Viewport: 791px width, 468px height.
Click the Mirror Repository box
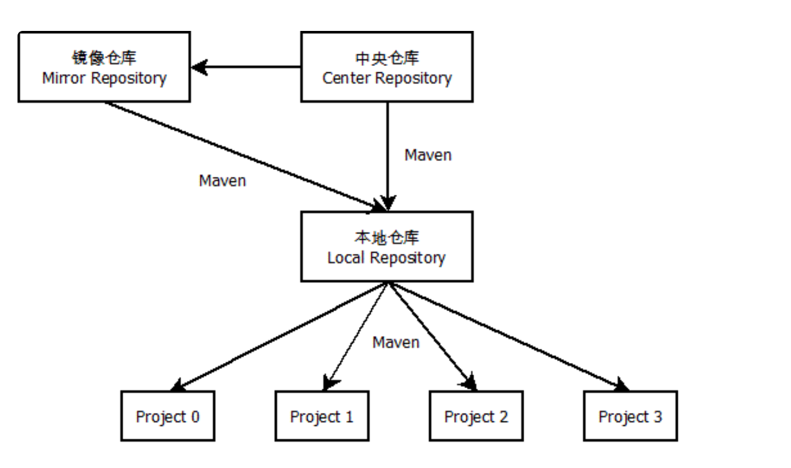[x=104, y=67]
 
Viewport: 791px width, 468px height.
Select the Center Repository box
[x=386, y=67]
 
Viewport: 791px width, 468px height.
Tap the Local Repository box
[x=386, y=247]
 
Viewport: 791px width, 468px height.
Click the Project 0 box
[x=168, y=416]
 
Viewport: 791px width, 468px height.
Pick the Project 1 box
[x=322, y=416]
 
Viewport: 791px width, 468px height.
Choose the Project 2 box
[x=476, y=416]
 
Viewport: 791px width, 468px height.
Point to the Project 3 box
[x=630, y=416]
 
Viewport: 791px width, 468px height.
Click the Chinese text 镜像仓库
[x=104, y=58]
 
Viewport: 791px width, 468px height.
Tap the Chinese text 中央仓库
[x=387, y=58]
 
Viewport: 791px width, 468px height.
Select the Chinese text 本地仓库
[x=387, y=238]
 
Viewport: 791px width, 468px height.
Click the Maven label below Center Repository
[x=428, y=155]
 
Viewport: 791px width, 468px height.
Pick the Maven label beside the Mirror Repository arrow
[x=222, y=181]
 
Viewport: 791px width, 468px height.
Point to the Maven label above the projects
[x=396, y=342]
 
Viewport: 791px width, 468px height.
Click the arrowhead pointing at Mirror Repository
[x=200, y=67]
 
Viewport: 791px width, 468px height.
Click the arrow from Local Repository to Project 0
[x=280, y=337]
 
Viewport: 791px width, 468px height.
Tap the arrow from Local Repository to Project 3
[x=508, y=337]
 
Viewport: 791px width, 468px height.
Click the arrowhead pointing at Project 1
[x=330, y=383]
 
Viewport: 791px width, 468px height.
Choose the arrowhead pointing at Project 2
[x=470, y=383]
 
